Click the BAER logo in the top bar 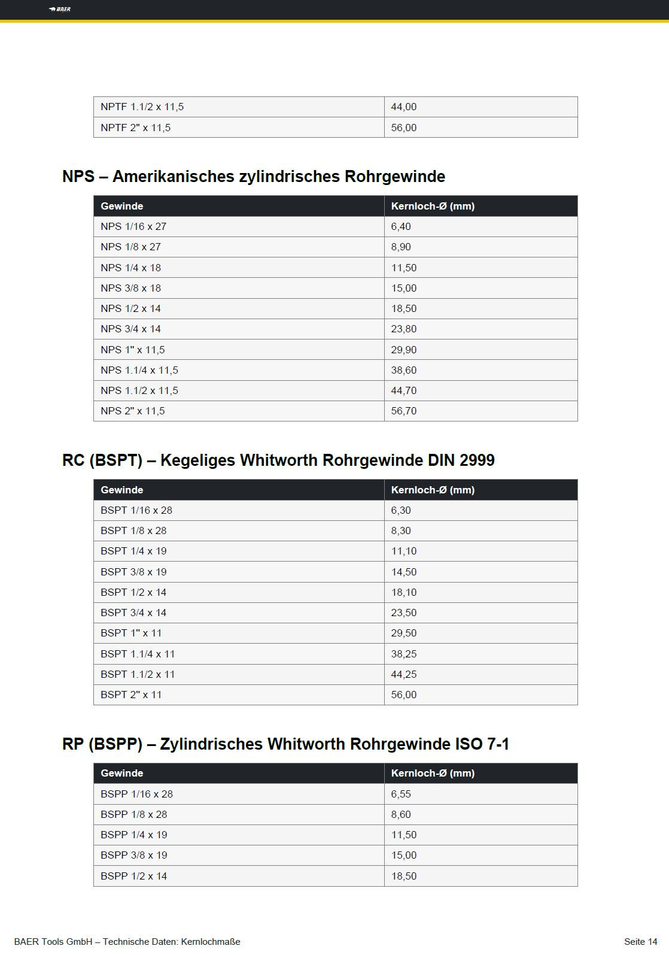coord(60,9)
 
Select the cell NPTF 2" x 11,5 coord(135,128)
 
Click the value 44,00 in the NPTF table coord(404,107)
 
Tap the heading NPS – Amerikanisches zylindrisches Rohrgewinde coord(254,177)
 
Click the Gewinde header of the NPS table coord(122,206)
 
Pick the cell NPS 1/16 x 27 coord(133,226)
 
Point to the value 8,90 coord(401,247)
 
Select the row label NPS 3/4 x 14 coord(130,329)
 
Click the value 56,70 coord(404,411)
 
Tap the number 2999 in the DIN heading coord(478,460)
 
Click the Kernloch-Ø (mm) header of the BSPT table coord(433,490)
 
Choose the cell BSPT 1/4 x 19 coord(133,551)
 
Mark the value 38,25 coord(404,654)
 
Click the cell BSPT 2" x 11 coord(131,695)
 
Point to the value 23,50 coord(404,613)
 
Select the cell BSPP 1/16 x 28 coord(136,794)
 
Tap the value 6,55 coord(401,794)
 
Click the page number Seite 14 coord(640,942)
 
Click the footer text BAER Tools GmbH coord(53,942)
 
